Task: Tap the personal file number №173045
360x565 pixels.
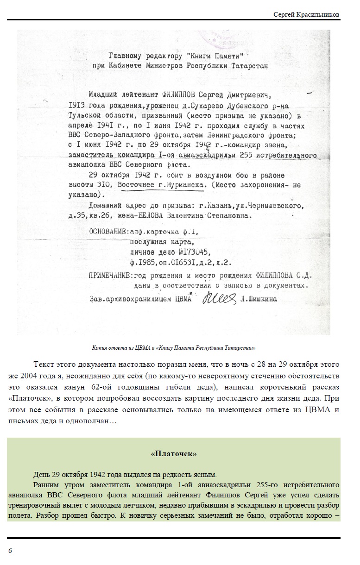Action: pyautogui.click(x=190, y=252)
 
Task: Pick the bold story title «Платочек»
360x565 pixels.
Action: pyautogui.click(x=174, y=454)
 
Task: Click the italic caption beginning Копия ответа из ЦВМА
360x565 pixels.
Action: pyautogui.click(x=174, y=347)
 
